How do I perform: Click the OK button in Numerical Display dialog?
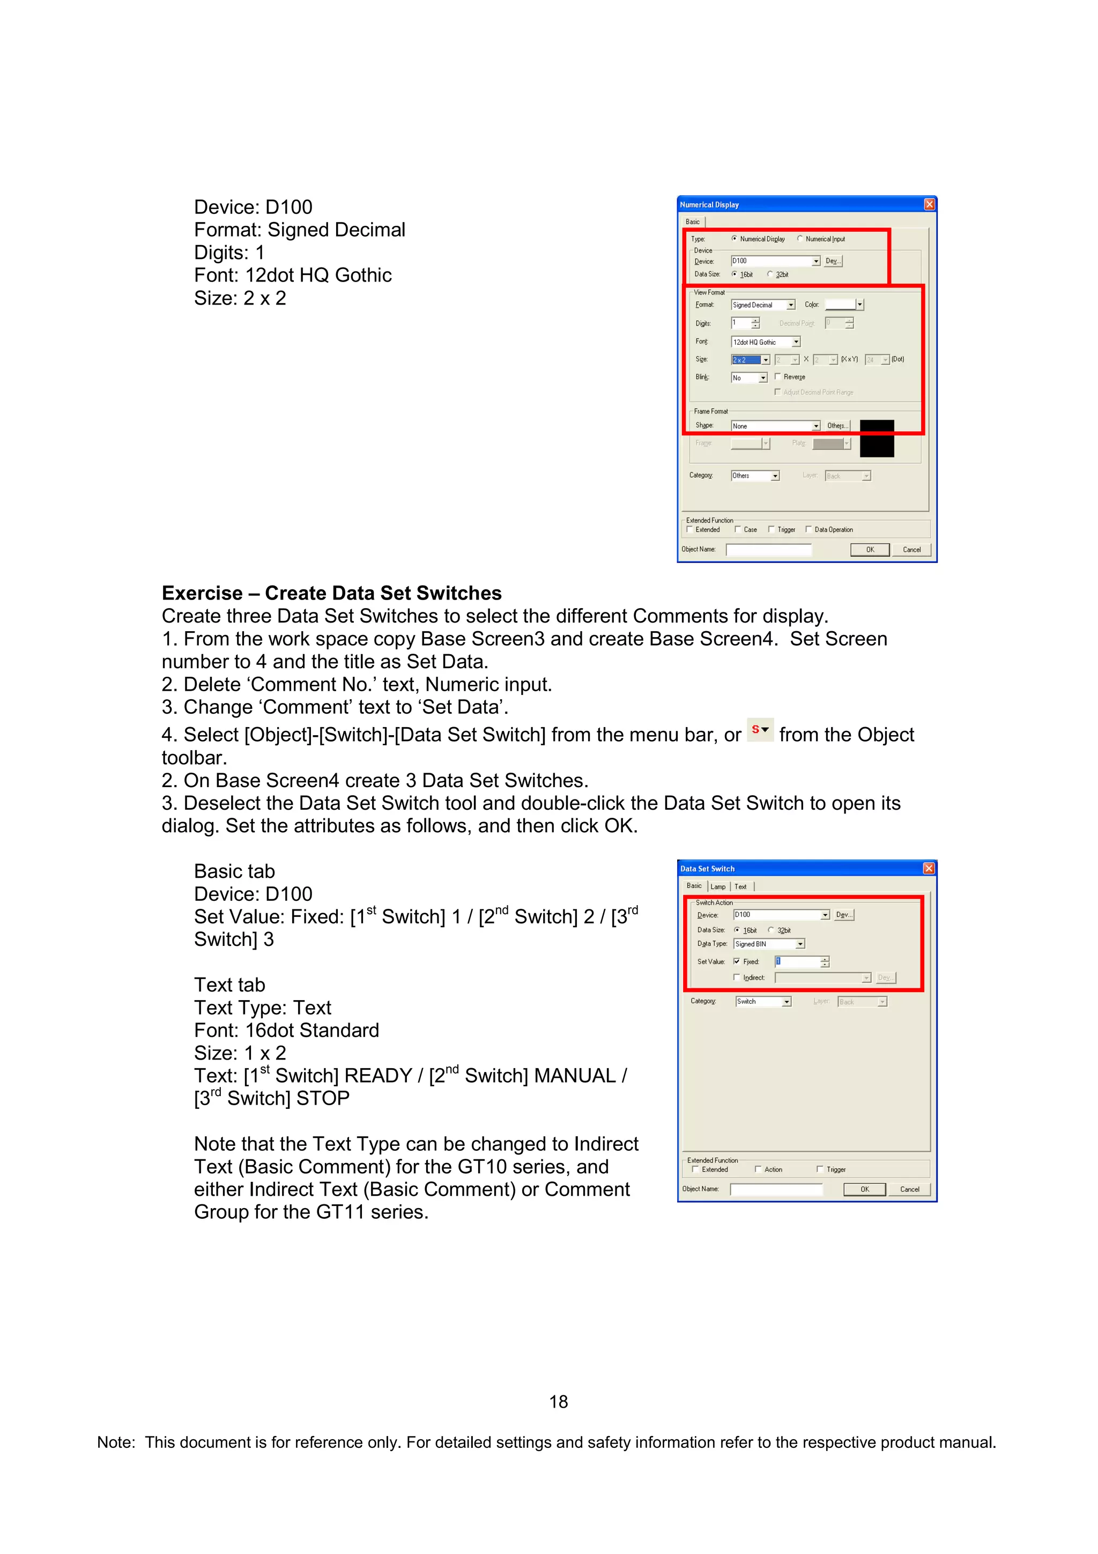click(869, 550)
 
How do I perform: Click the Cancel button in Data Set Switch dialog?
click(909, 1189)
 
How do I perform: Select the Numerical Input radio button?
click(800, 239)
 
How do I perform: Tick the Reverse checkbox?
click(778, 377)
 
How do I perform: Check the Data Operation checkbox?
click(808, 529)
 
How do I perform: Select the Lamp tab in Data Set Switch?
click(718, 886)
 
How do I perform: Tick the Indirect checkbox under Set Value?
click(737, 978)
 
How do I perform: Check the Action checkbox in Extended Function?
click(759, 1169)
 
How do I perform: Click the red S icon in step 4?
click(760, 730)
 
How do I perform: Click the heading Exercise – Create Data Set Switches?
click(331, 594)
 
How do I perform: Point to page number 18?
click(558, 1402)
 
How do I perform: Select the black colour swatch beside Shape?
click(877, 438)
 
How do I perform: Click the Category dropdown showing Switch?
click(762, 1002)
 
